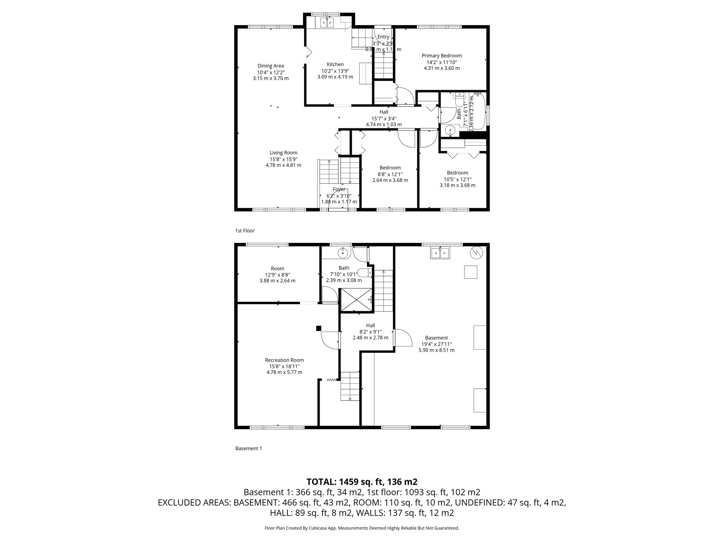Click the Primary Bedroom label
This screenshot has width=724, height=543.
pos(442,56)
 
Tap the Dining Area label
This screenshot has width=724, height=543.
pos(270,66)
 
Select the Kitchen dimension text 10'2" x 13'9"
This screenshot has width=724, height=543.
pos(335,71)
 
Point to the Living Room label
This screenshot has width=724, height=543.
pos(284,153)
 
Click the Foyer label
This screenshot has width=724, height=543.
pos(339,189)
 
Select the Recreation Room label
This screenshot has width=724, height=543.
pos(284,360)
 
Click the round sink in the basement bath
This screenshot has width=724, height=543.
pos(343,253)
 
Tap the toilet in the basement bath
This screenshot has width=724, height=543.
pos(364,273)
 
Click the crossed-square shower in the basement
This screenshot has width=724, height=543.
pos(356,300)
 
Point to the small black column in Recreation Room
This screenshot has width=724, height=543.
pos(319,328)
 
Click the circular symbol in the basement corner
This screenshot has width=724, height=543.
pos(476,252)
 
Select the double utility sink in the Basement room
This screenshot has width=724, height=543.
pos(440,253)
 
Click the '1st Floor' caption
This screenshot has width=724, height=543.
pos(245,230)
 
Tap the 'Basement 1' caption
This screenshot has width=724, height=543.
pos(249,448)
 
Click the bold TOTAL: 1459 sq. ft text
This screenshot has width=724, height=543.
pos(362,481)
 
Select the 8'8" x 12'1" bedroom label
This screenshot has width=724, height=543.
pos(390,168)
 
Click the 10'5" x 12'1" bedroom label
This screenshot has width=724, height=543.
pos(457,173)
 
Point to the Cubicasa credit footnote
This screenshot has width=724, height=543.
pos(362,528)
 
